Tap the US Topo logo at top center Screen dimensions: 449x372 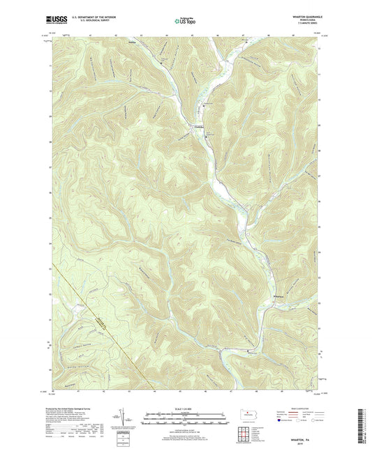pyautogui.click(x=185, y=22)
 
